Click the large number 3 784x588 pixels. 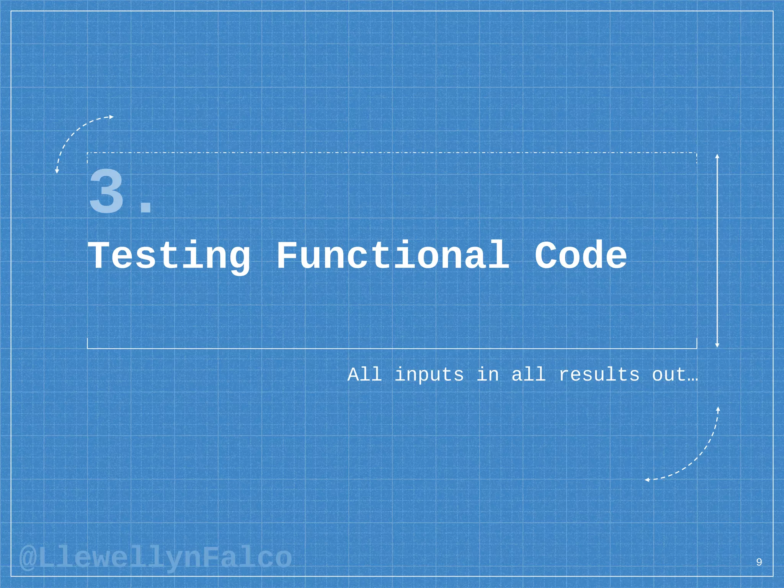click(106, 191)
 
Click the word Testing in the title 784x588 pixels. click(170, 256)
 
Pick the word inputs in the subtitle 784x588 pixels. click(429, 375)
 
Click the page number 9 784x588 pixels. click(759, 562)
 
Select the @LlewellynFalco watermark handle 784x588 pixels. click(155, 558)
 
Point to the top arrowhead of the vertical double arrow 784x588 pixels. click(717, 156)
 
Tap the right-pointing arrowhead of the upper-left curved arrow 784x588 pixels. click(111, 117)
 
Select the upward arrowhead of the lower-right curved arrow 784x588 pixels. click(718, 409)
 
